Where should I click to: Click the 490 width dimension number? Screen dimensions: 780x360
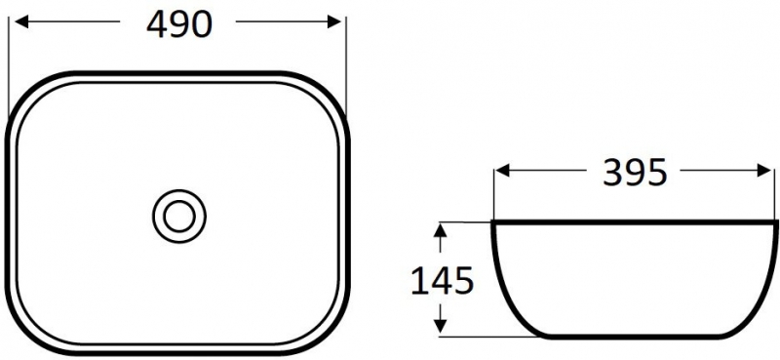(x=179, y=24)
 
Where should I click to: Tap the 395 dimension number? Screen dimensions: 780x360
(x=635, y=173)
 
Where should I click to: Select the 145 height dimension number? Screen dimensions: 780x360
(x=442, y=281)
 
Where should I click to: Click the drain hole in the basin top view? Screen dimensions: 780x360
(x=179, y=217)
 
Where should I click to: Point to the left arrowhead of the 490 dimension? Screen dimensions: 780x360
(x=21, y=21)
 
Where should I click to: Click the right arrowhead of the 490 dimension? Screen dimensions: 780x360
(x=334, y=21)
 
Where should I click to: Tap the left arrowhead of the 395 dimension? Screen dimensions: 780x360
(x=503, y=171)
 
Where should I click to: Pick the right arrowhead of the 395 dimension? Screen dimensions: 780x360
(x=764, y=171)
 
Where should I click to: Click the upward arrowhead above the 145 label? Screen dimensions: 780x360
(x=440, y=231)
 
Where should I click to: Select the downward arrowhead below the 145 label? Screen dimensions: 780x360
(x=440, y=326)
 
